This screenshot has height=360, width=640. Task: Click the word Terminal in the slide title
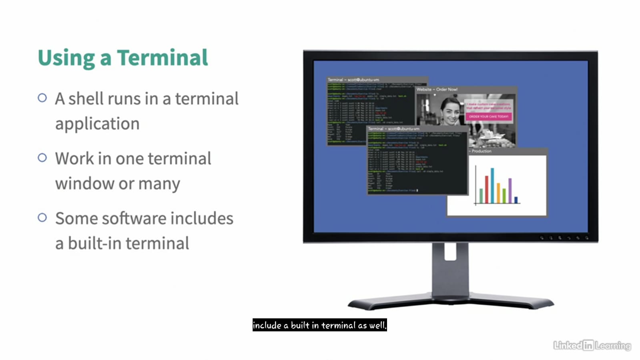pos(162,58)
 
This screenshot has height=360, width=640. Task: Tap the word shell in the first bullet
pos(85,99)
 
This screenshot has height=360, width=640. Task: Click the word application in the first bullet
pos(97,124)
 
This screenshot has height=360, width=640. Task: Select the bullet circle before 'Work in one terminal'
pos(42,158)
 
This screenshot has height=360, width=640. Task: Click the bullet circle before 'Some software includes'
pos(42,217)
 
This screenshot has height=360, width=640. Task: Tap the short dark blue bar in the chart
pos(516,199)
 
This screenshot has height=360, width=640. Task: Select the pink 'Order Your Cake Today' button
pos(488,117)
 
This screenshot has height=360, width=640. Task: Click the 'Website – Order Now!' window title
pos(437,89)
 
